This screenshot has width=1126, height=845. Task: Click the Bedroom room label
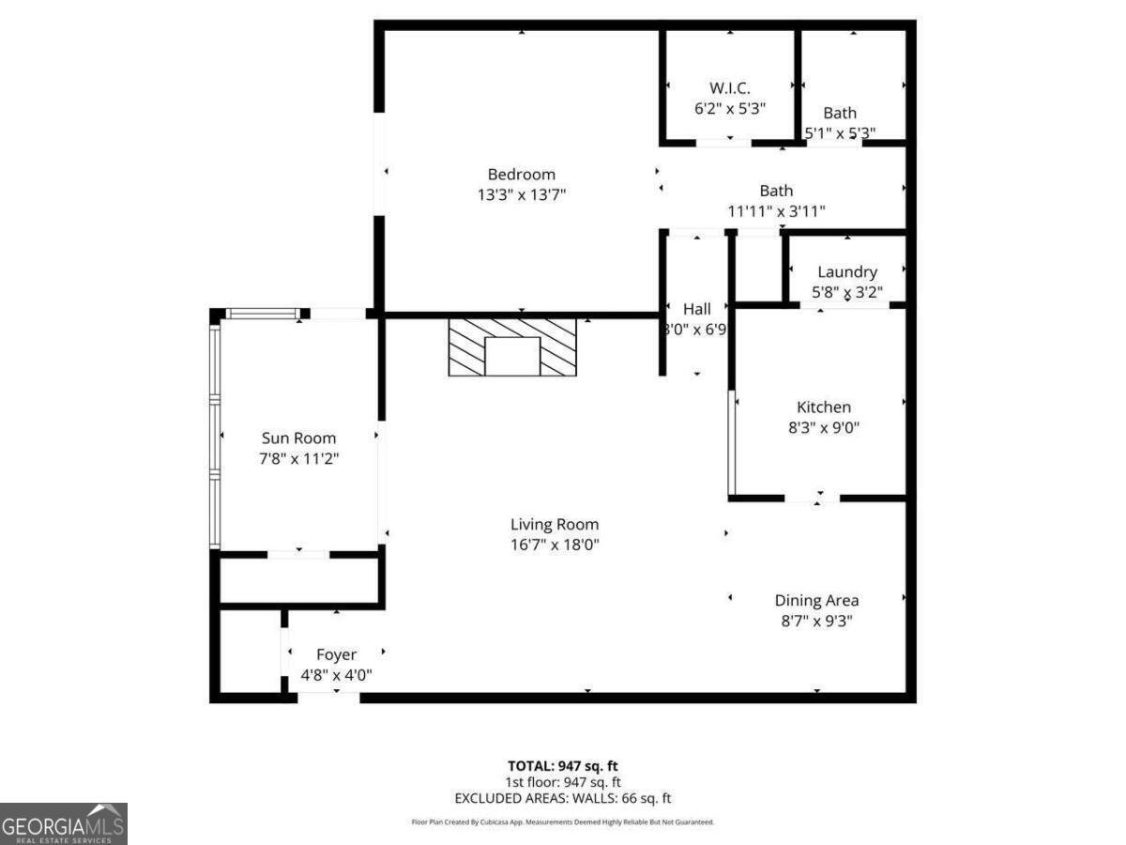pos(521,174)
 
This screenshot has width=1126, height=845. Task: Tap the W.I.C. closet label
pos(729,87)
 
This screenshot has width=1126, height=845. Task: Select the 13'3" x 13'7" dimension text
pos(521,194)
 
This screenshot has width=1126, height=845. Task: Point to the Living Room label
pos(554,525)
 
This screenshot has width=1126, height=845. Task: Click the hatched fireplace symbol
pos(511,347)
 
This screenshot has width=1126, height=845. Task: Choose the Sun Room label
pos(297,438)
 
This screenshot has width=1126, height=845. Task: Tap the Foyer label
pos(336,654)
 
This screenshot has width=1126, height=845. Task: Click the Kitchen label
pos(823,407)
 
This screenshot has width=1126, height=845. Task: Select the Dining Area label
pos(815,600)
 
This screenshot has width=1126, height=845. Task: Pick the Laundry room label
pos(846,272)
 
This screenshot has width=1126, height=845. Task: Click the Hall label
pos(696,308)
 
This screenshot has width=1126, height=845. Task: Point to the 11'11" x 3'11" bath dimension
pos(776,211)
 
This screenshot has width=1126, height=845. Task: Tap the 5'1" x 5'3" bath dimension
pos(840,133)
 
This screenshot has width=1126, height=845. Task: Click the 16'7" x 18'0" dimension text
pos(554,545)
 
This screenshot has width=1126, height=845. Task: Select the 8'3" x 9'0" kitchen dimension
pos(823,427)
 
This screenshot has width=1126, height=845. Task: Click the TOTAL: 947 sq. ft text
pos(563,765)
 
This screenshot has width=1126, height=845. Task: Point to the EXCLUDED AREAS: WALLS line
pos(563,799)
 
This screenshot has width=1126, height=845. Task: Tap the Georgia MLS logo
pos(63,823)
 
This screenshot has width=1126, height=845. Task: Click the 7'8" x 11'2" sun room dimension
pos(297,458)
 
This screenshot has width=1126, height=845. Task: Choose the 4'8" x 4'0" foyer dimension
pos(336,674)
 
